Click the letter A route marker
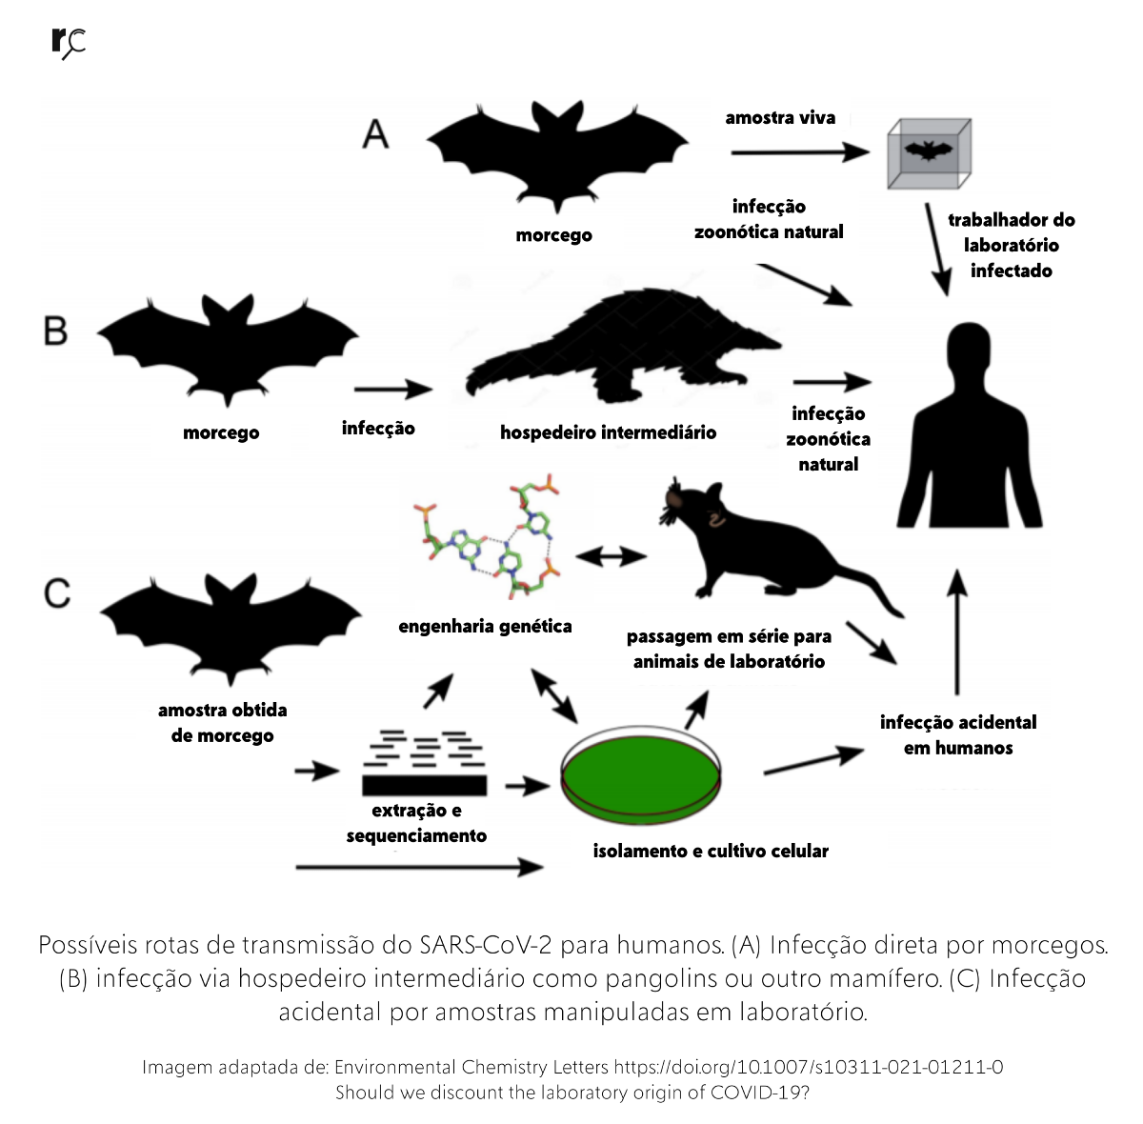[x=376, y=134]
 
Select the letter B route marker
[x=56, y=331]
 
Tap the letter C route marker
[x=57, y=592]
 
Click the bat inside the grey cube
[x=928, y=151]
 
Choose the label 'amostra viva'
[x=780, y=118]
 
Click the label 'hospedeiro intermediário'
[x=608, y=432]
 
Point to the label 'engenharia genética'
[x=485, y=626]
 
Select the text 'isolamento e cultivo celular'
[x=711, y=851]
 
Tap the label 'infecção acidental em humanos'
[x=958, y=734]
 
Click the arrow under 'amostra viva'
[x=800, y=152]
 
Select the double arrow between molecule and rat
[x=611, y=556]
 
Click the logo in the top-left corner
[x=68, y=43]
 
